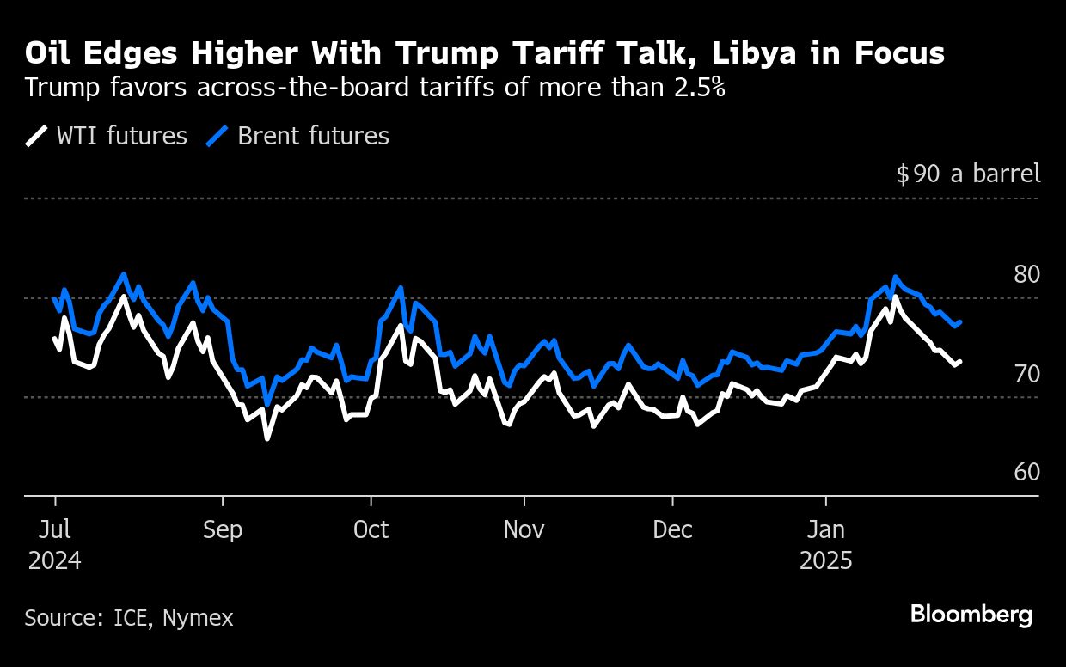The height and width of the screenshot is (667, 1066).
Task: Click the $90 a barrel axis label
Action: pos(968,174)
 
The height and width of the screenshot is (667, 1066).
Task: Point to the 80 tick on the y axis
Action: pos(1026,275)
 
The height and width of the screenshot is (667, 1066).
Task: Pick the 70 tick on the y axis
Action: pos(1026,374)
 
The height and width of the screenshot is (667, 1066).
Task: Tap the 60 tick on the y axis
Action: pos(1026,473)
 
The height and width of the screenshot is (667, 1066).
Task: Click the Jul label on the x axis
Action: pos(55,529)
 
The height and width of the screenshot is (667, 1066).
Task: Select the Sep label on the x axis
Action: pos(223,529)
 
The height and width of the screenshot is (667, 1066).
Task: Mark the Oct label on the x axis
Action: pos(371,529)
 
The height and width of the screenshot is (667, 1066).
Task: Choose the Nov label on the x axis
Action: pos(524,529)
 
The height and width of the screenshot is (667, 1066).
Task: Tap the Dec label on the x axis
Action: pos(673,529)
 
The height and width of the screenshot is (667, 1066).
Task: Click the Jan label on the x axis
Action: pos(826,529)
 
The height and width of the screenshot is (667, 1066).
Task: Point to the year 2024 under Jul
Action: pos(55,561)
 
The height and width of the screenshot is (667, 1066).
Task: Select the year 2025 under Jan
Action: pos(826,561)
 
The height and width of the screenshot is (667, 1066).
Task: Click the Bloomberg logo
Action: pos(971,615)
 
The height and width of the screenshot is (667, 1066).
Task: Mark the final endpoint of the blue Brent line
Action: pos(960,321)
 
